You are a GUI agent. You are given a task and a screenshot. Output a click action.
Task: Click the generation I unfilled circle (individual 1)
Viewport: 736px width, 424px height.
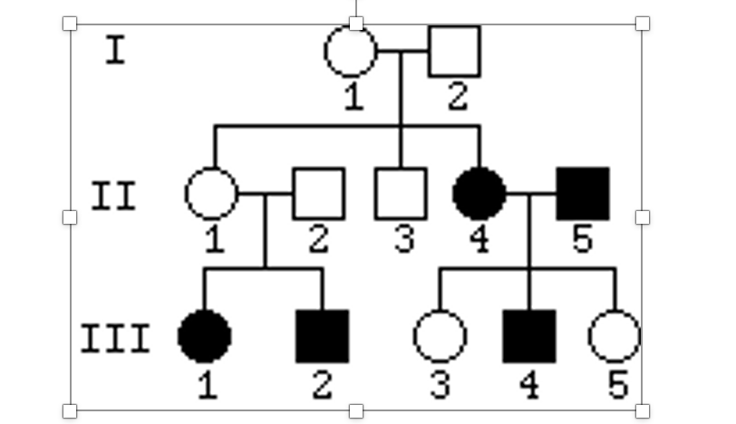click(351, 51)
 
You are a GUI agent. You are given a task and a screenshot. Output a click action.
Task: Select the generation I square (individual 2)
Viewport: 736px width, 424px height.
click(454, 51)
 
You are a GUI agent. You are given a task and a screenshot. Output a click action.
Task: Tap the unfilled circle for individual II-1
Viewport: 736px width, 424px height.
click(211, 193)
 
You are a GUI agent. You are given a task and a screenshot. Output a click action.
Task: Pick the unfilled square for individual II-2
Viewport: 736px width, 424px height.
click(318, 193)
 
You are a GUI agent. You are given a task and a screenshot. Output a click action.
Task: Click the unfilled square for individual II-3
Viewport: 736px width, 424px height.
click(401, 193)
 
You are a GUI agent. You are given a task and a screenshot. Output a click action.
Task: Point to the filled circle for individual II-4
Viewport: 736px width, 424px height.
click(479, 193)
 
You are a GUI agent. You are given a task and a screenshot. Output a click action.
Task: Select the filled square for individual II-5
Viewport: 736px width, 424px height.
click(583, 193)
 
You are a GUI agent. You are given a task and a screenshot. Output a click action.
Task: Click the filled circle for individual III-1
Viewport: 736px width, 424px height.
click(205, 336)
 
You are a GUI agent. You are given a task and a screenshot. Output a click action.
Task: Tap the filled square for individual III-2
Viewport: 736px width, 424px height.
click(323, 336)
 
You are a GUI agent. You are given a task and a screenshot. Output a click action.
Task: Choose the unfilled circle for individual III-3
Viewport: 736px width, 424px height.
click(440, 336)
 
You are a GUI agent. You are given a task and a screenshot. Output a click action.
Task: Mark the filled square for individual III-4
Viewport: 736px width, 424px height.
click(529, 336)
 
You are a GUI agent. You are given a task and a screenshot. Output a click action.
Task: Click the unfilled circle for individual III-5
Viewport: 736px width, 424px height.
click(615, 336)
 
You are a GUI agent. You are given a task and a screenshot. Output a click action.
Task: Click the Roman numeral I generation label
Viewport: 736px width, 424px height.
click(115, 51)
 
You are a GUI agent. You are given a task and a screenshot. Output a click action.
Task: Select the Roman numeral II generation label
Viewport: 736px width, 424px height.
click(114, 196)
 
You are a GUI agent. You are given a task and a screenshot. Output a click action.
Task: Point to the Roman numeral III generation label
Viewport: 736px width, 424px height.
click(115, 340)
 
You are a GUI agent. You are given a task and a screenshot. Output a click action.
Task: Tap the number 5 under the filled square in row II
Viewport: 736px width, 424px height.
click(583, 240)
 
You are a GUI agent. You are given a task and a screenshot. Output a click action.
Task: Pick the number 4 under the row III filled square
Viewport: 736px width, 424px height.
click(529, 385)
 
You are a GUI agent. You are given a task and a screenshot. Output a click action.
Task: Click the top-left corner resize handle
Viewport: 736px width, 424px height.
click(70, 24)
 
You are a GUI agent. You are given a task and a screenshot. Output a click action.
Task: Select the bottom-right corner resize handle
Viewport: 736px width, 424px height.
click(643, 410)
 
